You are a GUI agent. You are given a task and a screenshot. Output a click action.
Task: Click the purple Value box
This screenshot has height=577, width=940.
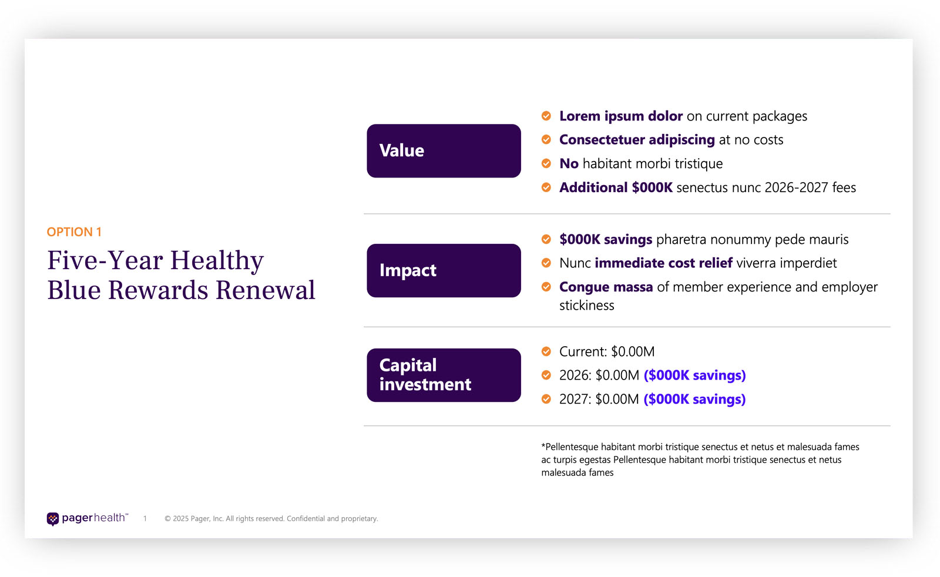pyautogui.click(x=444, y=151)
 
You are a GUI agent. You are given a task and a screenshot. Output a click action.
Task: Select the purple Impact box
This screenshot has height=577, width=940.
pyautogui.click(x=444, y=270)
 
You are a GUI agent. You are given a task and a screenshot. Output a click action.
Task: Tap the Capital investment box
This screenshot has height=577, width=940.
pyautogui.click(x=444, y=375)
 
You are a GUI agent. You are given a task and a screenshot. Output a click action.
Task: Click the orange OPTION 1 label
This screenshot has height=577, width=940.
pyautogui.click(x=74, y=232)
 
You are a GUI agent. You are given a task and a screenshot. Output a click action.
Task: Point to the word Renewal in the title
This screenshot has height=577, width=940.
pyautogui.click(x=265, y=290)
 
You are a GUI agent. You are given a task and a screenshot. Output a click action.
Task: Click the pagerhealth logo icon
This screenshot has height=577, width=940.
pyautogui.click(x=53, y=518)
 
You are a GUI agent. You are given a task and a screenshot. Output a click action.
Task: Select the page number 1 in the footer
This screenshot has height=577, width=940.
pyautogui.click(x=145, y=519)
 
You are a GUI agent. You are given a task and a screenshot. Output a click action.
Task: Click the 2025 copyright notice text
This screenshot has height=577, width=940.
pyautogui.click(x=271, y=519)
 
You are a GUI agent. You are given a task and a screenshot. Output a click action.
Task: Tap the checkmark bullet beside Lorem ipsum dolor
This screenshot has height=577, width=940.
pyautogui.click(x=546, y=116)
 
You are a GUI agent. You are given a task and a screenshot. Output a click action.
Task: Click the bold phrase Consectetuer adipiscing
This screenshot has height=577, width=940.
pyautogui.click(x=637, y=140)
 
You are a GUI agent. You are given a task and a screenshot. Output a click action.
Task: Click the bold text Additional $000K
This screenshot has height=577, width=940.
pyautogui.click(x=616, y=187)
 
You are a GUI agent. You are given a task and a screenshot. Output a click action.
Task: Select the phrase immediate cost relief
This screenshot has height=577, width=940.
pyautogui.click(x=663, y=263)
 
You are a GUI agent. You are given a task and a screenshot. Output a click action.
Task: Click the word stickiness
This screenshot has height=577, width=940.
pyautogui.click(x=586, y=306)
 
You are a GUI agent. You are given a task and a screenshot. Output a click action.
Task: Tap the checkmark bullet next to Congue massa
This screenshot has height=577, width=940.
pyautogui.click(x=546, y=287)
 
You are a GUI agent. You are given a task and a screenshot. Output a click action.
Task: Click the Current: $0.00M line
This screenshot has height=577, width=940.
pyautogui.click(x=606, y=351)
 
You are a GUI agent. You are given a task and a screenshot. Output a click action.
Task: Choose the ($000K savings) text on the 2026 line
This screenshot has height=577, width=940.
pyautogui.click(x=694, y=375)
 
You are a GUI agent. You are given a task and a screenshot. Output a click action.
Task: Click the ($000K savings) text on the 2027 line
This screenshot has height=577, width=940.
pyautogui.click(x=694, y=400)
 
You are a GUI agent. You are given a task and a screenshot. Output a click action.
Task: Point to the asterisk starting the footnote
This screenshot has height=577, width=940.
pyautogui.click(x=543, y=446)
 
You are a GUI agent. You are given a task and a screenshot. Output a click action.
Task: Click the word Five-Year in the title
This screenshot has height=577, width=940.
pyautogui.click(x=103, y=261)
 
